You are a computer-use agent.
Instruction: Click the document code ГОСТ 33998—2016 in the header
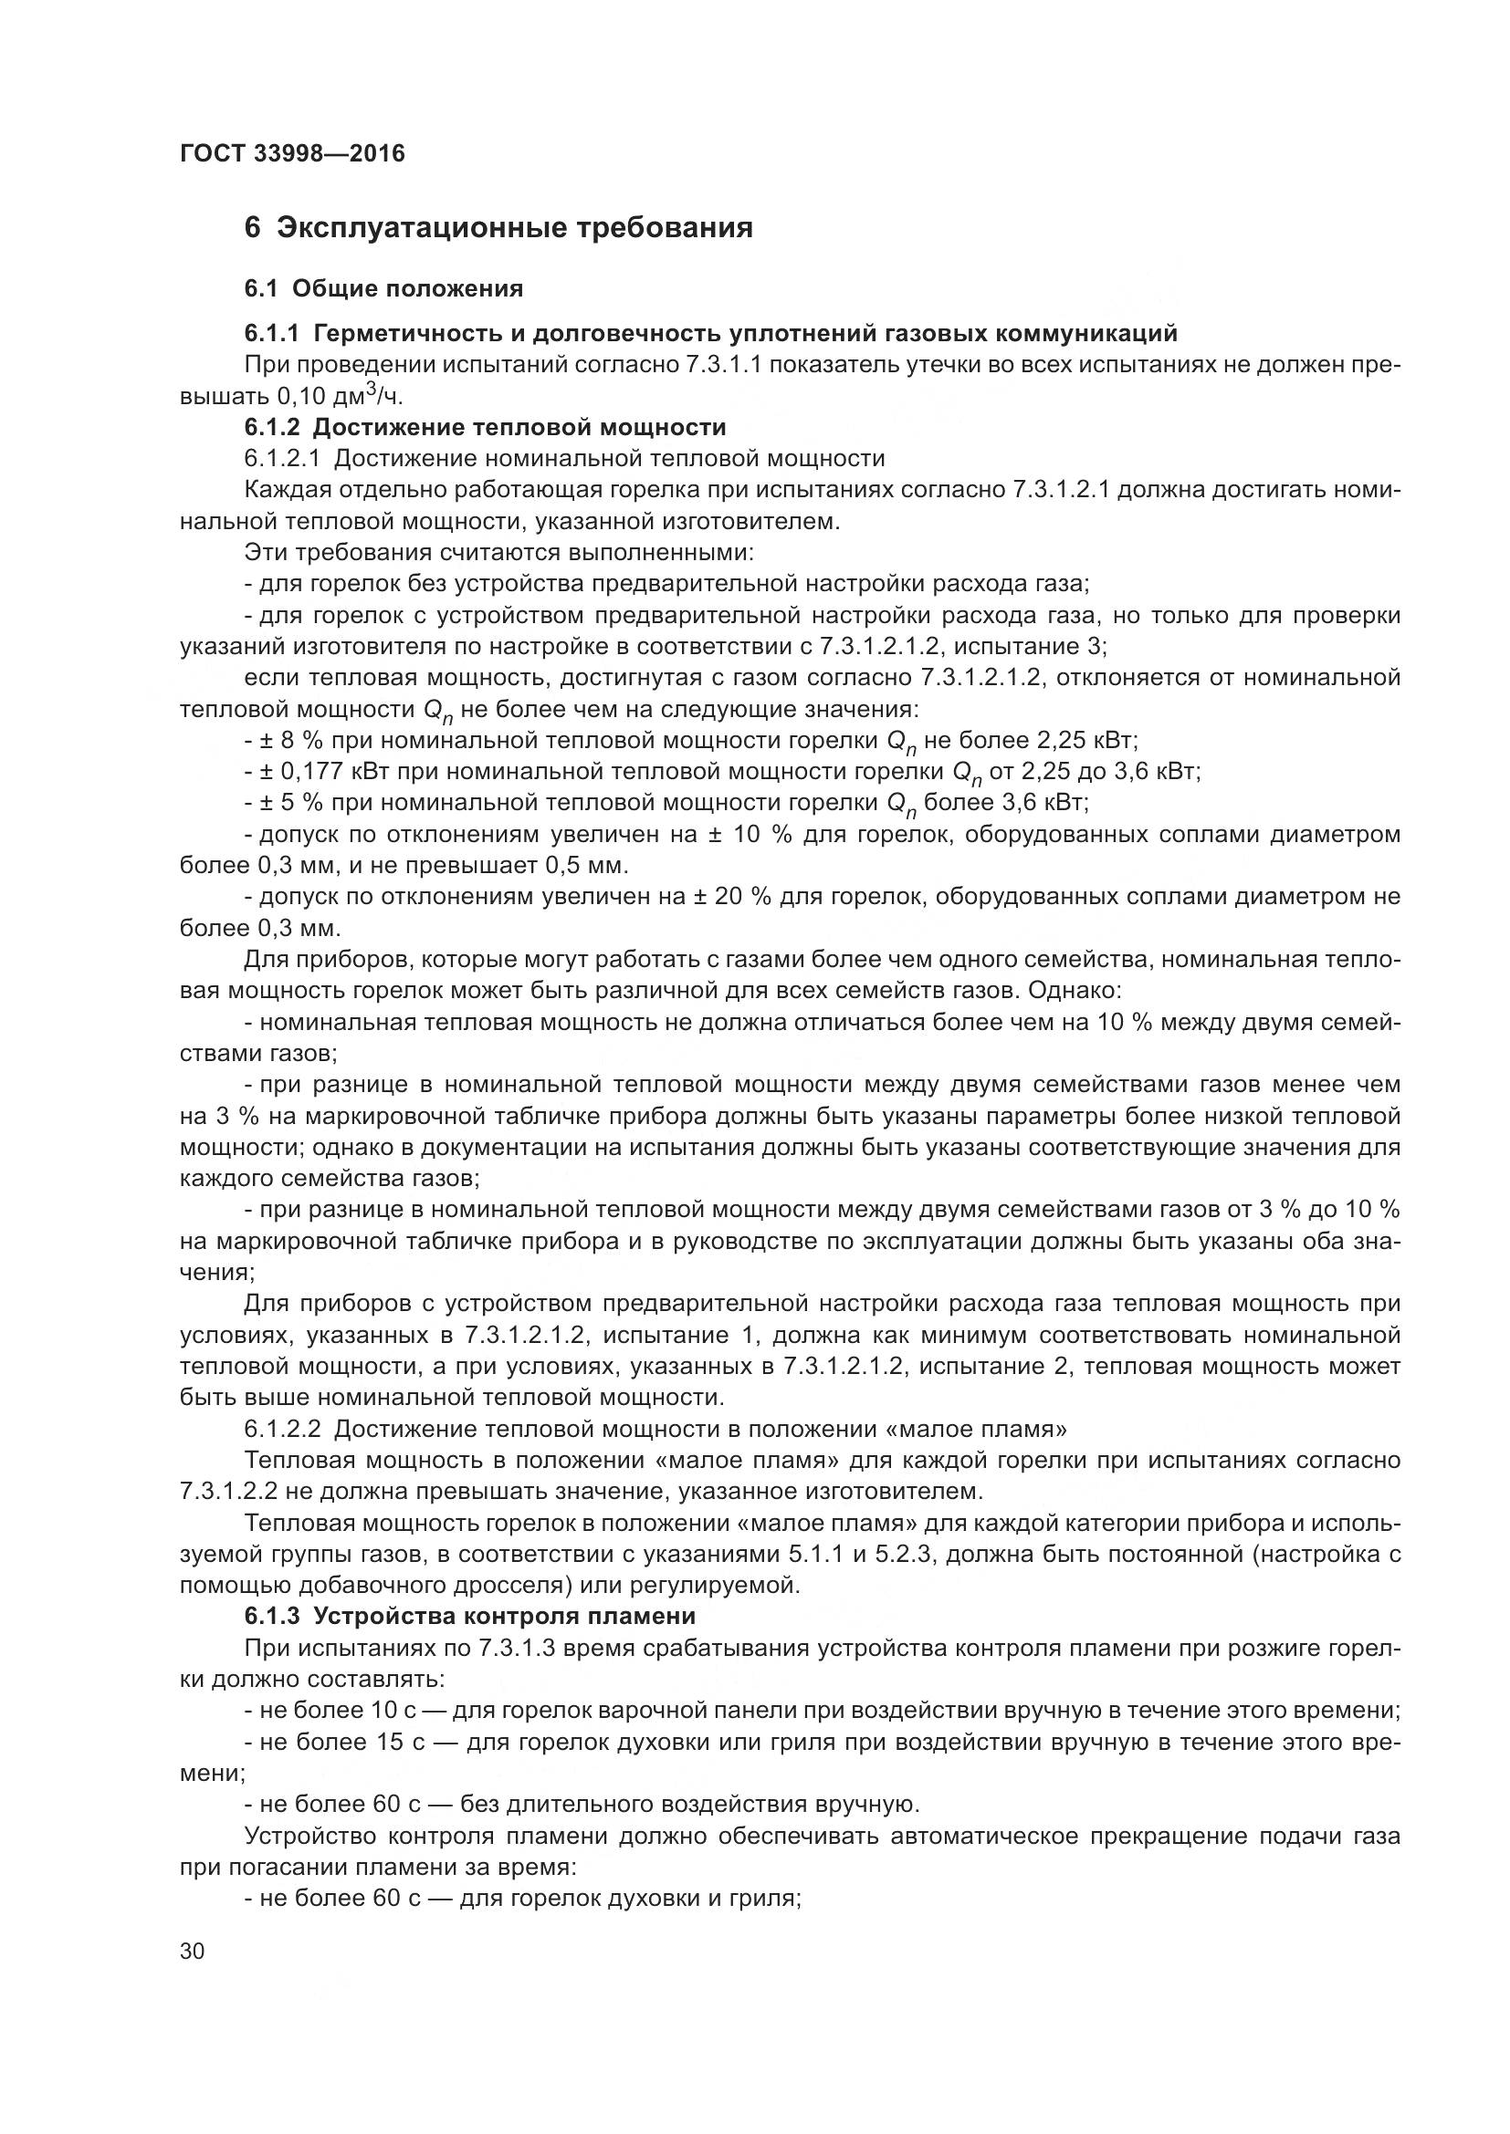[x=292, y=153]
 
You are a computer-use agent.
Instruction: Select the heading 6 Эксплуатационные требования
[x=498, y=228]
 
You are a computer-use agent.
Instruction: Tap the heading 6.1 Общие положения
[x=383, y=289]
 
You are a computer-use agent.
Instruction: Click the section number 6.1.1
[x=271, y=333]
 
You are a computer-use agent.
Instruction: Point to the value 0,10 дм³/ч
[x=341, y=397]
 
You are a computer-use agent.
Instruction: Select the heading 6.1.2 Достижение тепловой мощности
[x=485, y=428]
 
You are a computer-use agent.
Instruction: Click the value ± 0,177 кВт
[x=316, y=772]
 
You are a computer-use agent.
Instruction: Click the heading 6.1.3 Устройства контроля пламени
[x=469, y=1617]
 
